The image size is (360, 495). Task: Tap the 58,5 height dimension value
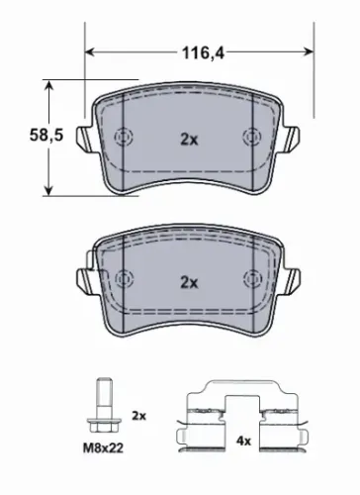click(x=24, y=139)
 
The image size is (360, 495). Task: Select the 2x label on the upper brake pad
click(x=188, y=140)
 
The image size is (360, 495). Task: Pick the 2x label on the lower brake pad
click(x=188, y=282)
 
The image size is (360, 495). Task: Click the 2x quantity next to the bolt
click(x=138, y=417)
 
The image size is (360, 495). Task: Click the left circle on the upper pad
click(x=125, y=138)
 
